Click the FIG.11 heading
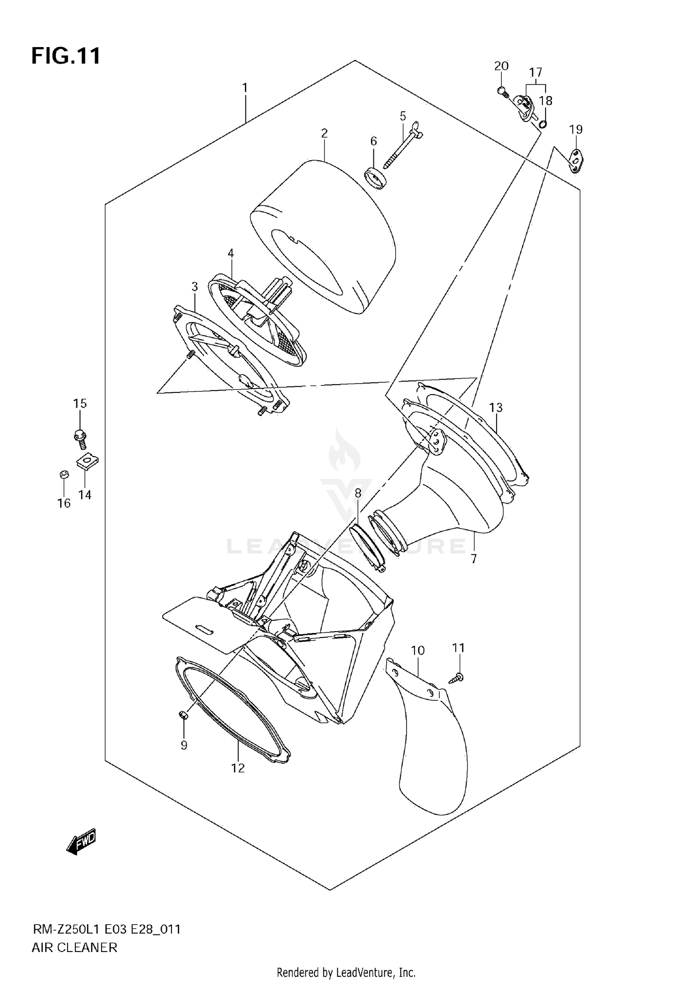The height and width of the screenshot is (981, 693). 66,56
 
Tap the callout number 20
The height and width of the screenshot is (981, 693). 501,66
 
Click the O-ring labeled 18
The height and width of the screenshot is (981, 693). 543,124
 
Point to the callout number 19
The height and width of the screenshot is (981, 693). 576,130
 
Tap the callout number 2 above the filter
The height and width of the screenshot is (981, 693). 324,133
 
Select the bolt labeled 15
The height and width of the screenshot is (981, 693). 80,439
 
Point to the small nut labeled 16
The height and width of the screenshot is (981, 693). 64,474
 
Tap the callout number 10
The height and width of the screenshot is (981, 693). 418,650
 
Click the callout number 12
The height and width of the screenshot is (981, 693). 238,768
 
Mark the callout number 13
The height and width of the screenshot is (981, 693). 496,408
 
